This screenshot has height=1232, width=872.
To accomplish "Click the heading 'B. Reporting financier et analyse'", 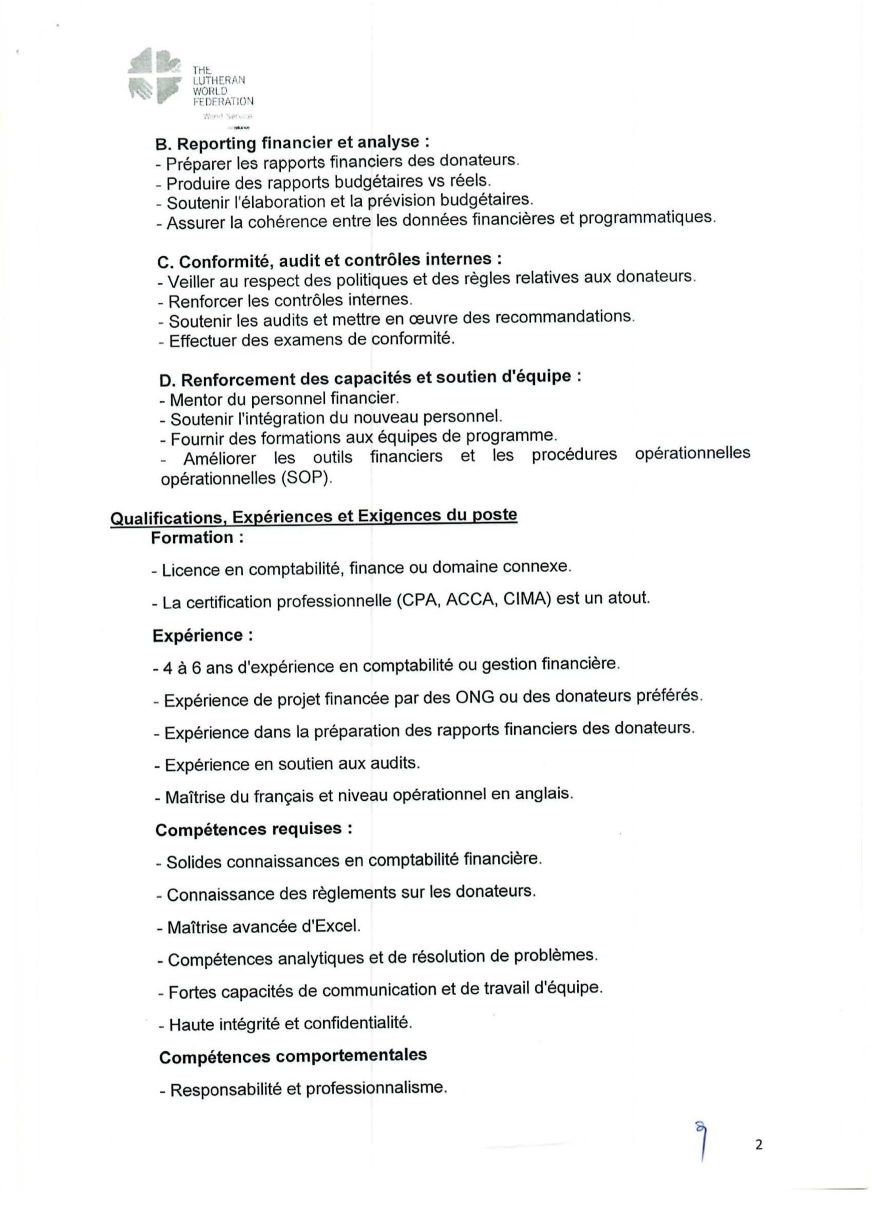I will (292, 143).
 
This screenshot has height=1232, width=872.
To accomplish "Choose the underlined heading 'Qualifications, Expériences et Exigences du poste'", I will (313, 516).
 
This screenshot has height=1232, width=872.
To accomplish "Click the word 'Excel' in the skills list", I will (340, 926).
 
